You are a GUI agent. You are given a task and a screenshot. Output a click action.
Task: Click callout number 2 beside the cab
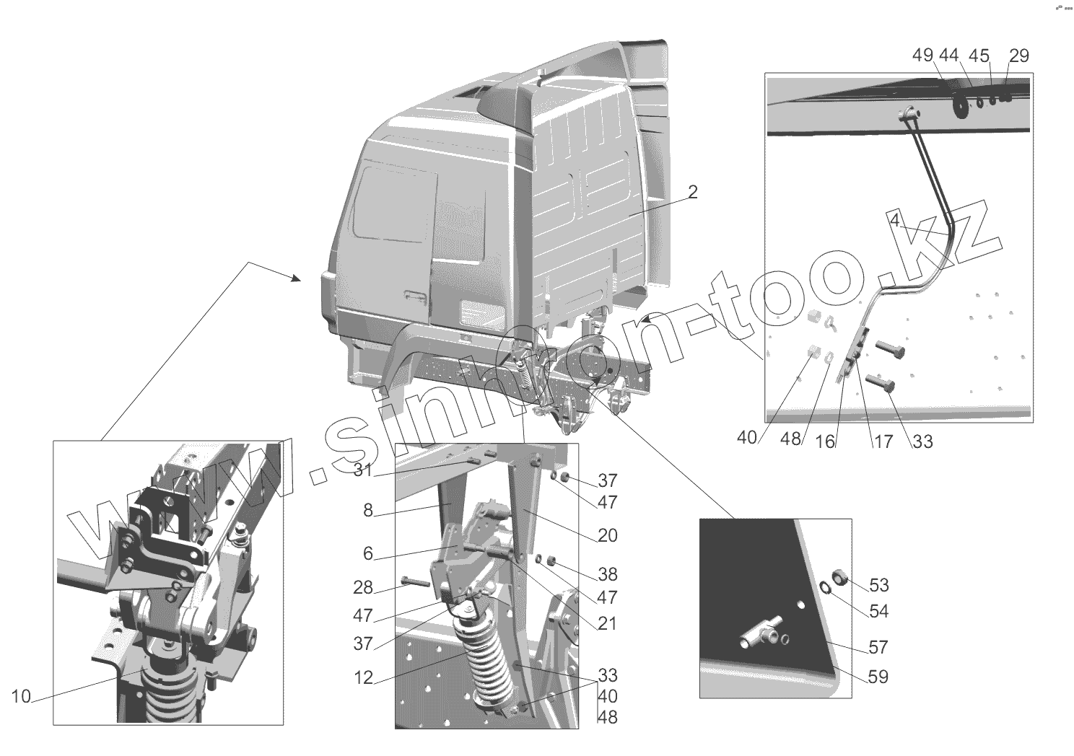(692, 192)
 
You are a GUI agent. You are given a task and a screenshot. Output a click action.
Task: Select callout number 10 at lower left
(21, 696)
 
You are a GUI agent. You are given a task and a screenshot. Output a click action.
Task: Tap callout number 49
(923, 56)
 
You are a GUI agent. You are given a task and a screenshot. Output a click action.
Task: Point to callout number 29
(1019, 56)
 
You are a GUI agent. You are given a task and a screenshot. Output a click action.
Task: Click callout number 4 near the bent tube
(894, 221)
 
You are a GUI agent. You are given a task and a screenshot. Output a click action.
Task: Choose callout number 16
(825, 441)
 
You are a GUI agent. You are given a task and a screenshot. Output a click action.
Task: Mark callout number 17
(883, 441)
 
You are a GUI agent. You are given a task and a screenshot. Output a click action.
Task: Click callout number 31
(363, 471)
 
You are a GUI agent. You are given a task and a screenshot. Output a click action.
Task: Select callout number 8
(368, 511)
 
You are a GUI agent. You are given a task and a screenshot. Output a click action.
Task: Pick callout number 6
(368, 553)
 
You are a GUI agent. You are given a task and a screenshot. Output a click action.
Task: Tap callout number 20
(607, 535)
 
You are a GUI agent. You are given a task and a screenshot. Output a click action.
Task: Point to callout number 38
(607, 574)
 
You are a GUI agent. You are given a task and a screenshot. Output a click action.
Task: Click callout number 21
(607, 623)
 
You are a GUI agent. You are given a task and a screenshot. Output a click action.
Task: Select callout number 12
(364, 677)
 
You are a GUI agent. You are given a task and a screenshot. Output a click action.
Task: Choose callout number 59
(878, 677)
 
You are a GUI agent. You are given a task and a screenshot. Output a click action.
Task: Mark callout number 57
(878, 647)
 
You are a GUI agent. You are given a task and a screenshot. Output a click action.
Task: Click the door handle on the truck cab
(415, 296)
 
